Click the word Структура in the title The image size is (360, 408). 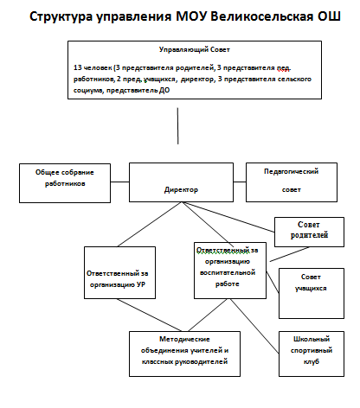pyautogui.click(x=61, y=17)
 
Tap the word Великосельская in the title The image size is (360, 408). pyautogui.click(x=261, y=16)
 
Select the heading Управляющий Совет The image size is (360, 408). pyautogui.click(x=195, y=50)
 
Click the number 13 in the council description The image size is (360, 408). pyautogui.click(x=78, y=67)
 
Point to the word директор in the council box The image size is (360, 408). pyautogui.click(x=198, y=79)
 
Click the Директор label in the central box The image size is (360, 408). pyautogui.click(x=181, y=190)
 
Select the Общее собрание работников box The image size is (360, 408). pyautogui.click(x=65, y=183)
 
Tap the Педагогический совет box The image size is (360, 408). pyautogui.click(x=292, y=182)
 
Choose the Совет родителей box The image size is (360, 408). pyautogui.click(x=309, y=232)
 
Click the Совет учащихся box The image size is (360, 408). pyautogui.click(x=312, y=293)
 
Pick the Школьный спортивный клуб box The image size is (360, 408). pyautogui.click(x=312, y=354)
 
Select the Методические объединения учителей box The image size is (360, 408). pyautogui.click(x=184, y=354)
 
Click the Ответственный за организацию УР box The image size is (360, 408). pyautogui.click(x=119, y=272)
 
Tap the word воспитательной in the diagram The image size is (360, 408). pyautogui.click(x=228, y=272)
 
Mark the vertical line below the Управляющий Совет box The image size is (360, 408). pyautogui.click(x=177, y=126)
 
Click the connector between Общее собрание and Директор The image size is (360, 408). pyautogui.click(x=119, y=182)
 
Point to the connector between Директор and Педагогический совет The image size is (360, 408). pyautogui.click(x=240, y=182)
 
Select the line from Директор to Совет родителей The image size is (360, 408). pyautogui.click(x=228, y=217)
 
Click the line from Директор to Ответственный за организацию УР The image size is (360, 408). pyautogui.click(x=150, y=224)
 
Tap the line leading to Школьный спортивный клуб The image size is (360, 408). pyautogui.click(x=254, y=326)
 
